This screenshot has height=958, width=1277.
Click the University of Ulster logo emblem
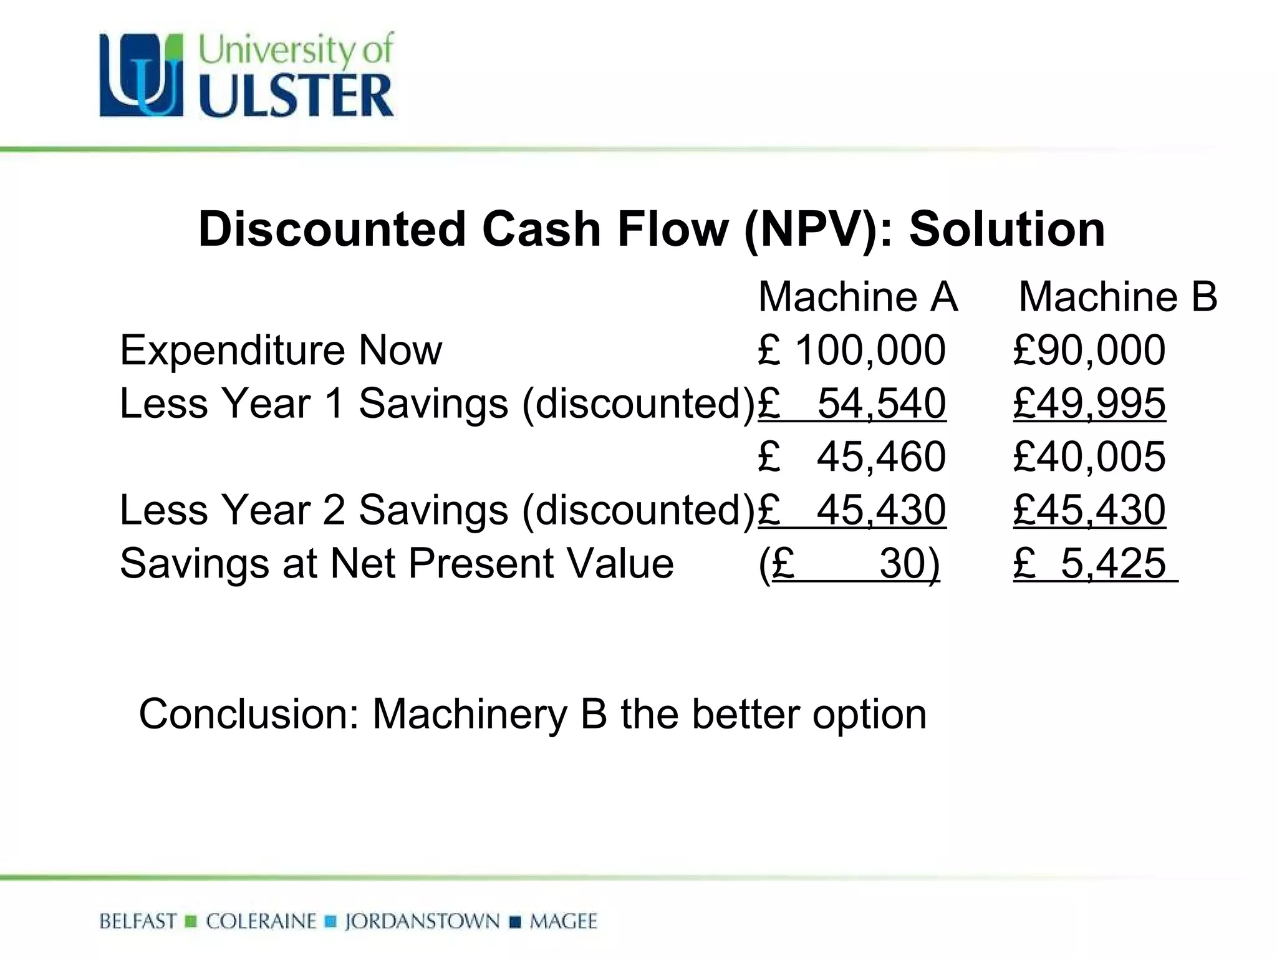(142, 75)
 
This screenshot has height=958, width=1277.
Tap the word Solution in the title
(1006, 230)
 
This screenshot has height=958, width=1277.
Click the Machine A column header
(857, 297)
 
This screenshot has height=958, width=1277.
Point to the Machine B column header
(1117, 297)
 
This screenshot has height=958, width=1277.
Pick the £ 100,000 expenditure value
(852, 350)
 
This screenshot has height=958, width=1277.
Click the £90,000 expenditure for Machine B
(1089, 350)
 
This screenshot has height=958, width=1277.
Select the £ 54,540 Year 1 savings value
(852, 404)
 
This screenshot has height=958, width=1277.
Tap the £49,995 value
(1089, 404)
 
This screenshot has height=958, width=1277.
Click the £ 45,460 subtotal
(852, 457)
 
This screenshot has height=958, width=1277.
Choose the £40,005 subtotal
(1089, 457)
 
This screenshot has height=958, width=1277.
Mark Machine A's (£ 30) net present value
(849, 564)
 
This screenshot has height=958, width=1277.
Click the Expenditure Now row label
(281, 350)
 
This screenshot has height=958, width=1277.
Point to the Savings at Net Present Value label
(397, 564)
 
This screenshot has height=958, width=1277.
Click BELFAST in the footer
(138, 921)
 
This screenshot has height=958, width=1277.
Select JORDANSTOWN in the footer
(422, 921)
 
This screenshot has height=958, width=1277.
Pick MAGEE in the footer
(563, 921)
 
